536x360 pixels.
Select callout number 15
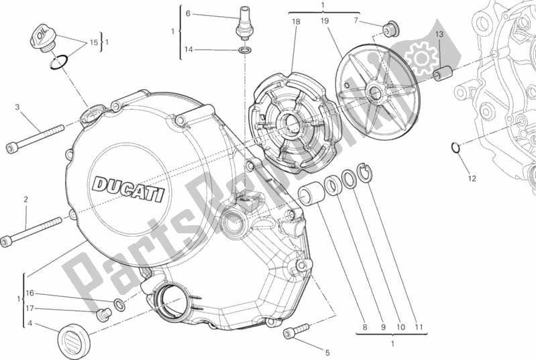pyautogui.click(x=94, y=42)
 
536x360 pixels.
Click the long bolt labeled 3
pyautogui.click(x=36, y=137)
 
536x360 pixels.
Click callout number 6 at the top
pyautogui.click(x=188, y=13)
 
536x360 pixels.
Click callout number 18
pyautogui.click(x=295, y=22)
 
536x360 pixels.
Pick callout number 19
pyautogui.click(x=325, y=22)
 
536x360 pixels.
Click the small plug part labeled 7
pyautogui.click(x=390, y=28)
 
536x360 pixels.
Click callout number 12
pyautogui.click(x=472, y=178)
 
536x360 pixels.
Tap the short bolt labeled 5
pyautogui.click(x=296, y=329)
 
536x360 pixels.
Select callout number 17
pyautogui.click(x=30, y=308)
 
